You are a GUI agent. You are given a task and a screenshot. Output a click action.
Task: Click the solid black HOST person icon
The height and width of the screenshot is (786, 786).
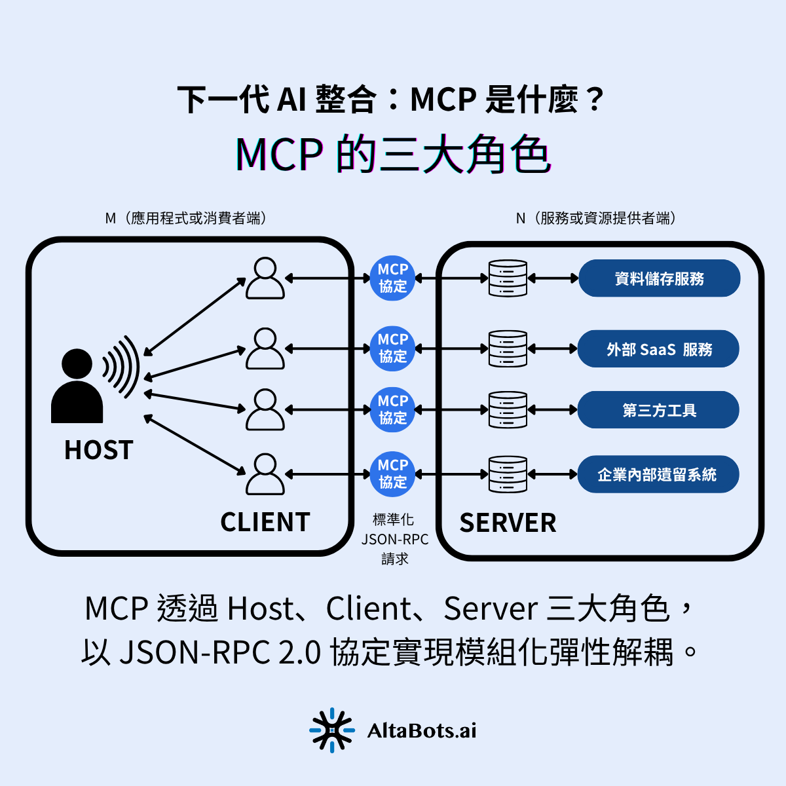[77, 386]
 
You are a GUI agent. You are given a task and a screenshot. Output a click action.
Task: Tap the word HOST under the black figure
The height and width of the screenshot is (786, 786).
[99, 450]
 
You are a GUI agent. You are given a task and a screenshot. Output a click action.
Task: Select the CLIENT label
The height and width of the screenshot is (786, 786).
[265, 522]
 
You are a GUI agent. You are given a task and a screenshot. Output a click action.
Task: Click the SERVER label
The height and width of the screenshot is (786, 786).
[508, 523]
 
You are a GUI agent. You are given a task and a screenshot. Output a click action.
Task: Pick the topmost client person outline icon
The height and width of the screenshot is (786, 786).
[265, 278]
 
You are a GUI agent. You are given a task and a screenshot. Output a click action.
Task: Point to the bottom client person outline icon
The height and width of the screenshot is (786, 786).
[265, 474]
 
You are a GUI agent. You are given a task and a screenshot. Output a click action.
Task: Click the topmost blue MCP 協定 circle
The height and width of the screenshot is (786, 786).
[393, 278]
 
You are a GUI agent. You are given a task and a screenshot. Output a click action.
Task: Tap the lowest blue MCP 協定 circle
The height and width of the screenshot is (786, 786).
[393, 474]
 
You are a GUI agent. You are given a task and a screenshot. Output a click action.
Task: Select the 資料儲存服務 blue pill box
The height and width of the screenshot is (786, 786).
[659, 278]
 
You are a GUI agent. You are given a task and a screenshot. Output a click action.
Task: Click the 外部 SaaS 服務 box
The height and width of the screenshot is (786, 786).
[658, 349]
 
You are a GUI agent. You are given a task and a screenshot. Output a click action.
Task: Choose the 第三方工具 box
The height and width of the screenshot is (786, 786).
[658, 410]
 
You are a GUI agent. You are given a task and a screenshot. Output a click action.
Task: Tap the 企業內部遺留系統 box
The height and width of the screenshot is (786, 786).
[658, 474]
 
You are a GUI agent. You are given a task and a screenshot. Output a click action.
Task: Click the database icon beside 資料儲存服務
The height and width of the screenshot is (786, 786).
[508, 278]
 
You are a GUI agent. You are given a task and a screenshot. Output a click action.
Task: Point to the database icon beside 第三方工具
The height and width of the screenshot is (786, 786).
[508, 410]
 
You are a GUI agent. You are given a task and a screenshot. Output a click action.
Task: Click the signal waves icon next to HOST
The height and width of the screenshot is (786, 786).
[122, 367]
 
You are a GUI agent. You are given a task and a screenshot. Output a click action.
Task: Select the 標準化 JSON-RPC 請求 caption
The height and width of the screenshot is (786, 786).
[394, 539]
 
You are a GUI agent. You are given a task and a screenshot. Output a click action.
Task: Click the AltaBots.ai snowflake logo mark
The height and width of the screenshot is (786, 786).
[331, 730]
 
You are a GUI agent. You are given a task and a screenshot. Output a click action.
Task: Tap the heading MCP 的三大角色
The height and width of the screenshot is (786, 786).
[393, 155]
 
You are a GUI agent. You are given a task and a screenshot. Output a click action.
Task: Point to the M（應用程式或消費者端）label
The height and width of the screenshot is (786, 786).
[186, 218]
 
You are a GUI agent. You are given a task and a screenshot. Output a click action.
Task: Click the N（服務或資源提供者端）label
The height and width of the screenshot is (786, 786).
[595, 218]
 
